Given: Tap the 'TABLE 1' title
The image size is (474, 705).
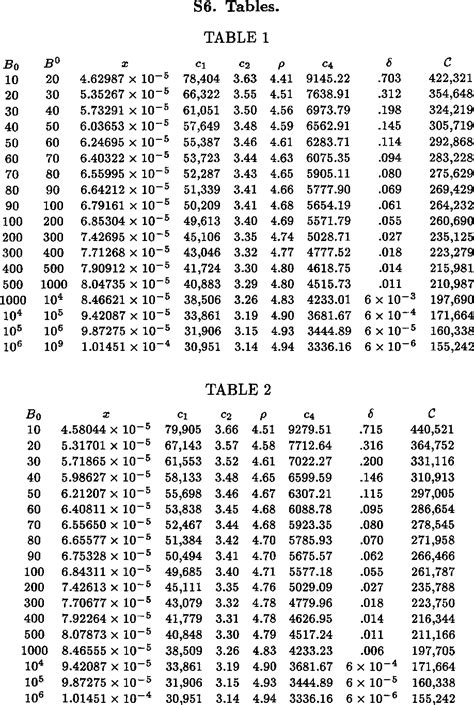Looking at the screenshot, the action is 236,39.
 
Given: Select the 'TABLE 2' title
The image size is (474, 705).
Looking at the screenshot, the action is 237,389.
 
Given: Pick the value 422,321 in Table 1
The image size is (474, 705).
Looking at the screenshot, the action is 449,77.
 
